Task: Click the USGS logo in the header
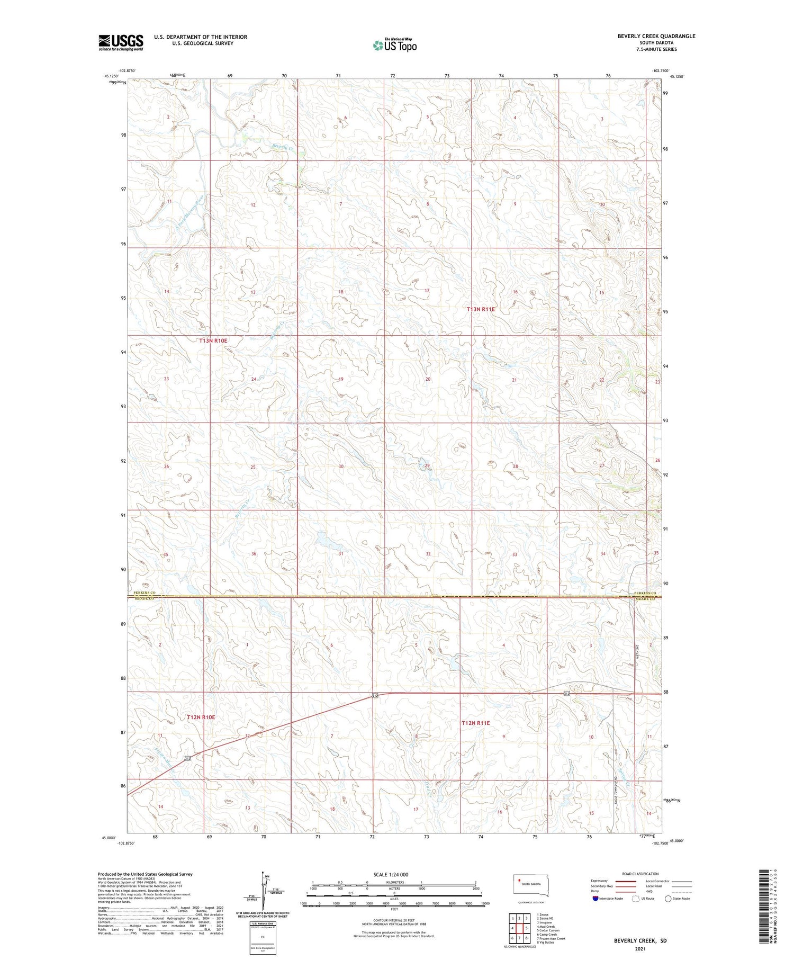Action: (121, 42)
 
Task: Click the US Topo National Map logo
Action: (395, 45)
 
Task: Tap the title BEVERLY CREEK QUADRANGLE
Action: (656, 36)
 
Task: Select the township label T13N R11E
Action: (481, 309)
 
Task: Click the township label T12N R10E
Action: (201, 717)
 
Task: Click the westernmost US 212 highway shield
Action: (188, 759)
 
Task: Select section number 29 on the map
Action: (427, 465)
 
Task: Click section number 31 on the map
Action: (341, 553)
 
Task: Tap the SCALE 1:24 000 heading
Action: (391, 874)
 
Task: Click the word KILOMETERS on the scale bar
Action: (394, 882)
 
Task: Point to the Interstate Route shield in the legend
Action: (596, 899)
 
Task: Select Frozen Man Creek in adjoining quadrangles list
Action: (551, 938)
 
